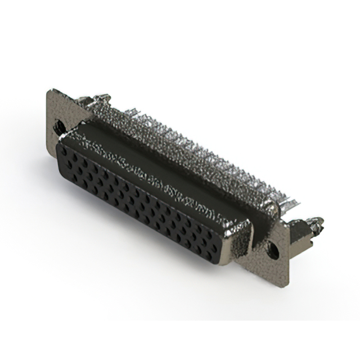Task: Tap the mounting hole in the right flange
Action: point(274,246)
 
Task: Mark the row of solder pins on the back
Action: point(186,146)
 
